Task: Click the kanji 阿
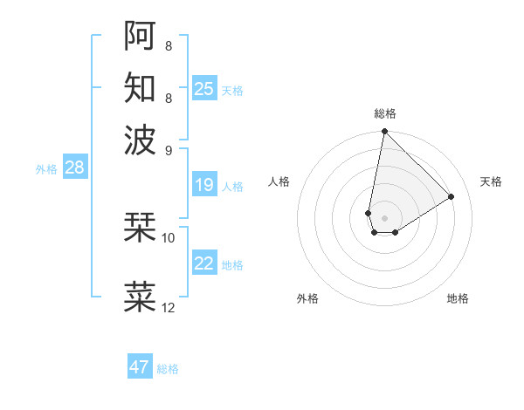(x=141, y=35)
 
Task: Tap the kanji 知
(x=141, y=87)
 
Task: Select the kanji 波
(x=141, y=139)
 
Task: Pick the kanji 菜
(x=141, y=297)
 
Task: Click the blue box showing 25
(x=204, y=88)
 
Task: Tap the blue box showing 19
(x=204, y=185)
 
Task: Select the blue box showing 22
(x=204, y=263)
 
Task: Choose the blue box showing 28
(x=74, y=168)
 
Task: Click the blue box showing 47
(x=140, y=367)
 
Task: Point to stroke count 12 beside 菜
(x=169, y=308)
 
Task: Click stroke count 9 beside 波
(x=169, y=149)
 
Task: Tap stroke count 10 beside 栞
(x=169, y=237)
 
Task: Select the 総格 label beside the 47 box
(x=168, y=369)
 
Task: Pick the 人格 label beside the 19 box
(x=232, y=187)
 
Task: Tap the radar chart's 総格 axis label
(x=384, y=113)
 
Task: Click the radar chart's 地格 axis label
(x=458, y=298)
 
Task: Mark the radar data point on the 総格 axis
(x=384, y=132)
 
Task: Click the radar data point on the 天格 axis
(x=452, y=196)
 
